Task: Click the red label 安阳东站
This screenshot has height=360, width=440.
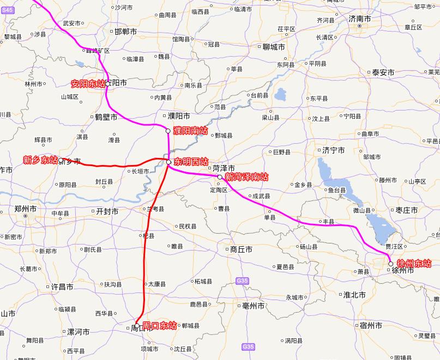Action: click(x=88, y=84)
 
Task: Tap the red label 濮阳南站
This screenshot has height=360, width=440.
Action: click(x=190, y=131)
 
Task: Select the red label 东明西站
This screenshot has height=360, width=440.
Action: click(x=191, y=162)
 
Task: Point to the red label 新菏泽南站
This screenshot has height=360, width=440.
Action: click(x=246, y=177)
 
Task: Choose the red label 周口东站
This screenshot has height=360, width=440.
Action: click(x=160, y=326)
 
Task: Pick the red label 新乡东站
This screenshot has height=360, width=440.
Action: click(x=40, y=160)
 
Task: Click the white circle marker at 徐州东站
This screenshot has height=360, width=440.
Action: click(x=391, y=264)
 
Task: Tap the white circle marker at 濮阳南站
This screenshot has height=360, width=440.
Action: click(x=168, y=131)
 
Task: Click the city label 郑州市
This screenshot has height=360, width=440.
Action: click(x=26, y=209)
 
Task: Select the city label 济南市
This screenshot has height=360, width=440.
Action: click(x=360, y=19)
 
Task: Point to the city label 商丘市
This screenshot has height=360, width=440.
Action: click(x=241, y=249)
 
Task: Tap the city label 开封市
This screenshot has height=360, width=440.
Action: click(x=107, y=211)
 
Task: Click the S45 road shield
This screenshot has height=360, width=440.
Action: click(x=7, y=3)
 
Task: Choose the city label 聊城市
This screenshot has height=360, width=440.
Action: click(x=273, y=47)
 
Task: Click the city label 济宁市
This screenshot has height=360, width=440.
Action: click(x=333, y=150)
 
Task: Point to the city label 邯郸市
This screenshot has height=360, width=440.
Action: click(x=126, y=32)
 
